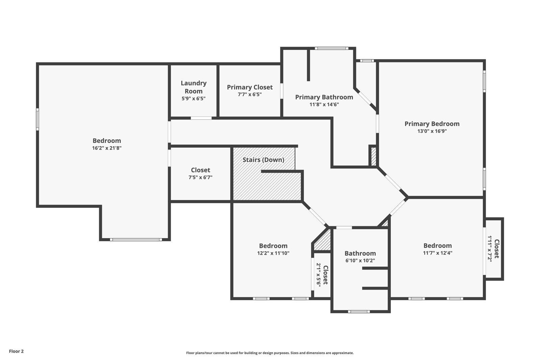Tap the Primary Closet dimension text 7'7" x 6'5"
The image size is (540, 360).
(249, 95)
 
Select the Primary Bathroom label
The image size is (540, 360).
(324, 97)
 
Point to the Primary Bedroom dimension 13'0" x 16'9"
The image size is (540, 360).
(432, 131)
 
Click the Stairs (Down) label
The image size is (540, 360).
(263, 160)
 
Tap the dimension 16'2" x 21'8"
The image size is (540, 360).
(107, 148)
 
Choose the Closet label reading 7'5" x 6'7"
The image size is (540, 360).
(200, 170)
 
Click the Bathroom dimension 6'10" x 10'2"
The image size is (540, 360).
(360, 261)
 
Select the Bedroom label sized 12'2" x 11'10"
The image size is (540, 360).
(273, 246)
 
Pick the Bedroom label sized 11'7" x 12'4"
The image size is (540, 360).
(437, 246)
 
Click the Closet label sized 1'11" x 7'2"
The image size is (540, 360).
(496, 249)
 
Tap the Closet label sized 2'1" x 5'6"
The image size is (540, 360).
(325, 275)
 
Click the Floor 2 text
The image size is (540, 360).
(16, 351)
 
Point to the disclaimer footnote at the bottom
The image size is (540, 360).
(270, 353)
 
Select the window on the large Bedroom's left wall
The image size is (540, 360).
(37, 119)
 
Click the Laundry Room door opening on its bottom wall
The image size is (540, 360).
(201, 118)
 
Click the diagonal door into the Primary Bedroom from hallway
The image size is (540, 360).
(392, 182)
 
